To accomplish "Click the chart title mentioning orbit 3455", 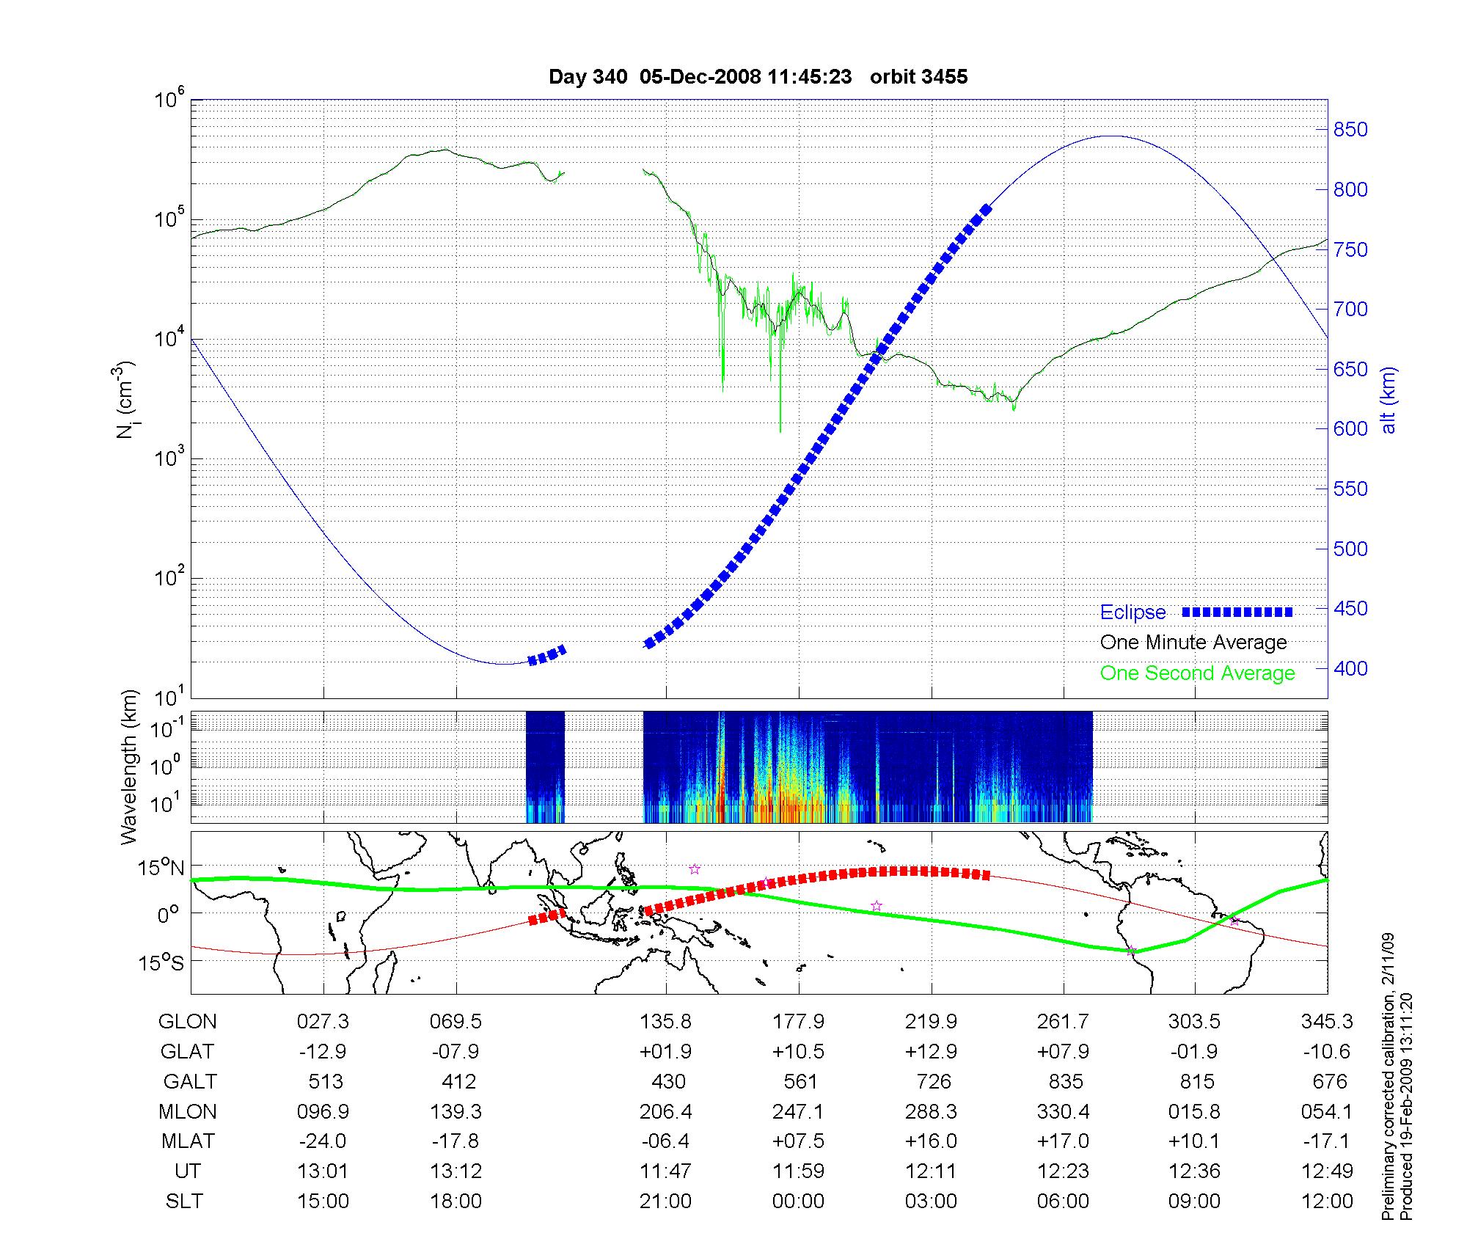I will [x=758, y=77].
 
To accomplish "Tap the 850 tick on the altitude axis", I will [x=1350, y=130].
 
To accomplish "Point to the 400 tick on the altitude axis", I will [x=1350, y=668].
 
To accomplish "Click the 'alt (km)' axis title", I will [x=1389, y=400].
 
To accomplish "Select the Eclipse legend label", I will [x=1133, y=612].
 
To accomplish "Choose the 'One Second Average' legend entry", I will [x=1197, y=673].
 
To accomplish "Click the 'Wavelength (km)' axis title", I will [x=129, y=767].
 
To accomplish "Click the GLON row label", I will [x=187, y=1021].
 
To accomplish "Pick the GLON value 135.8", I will [x=665, y=1021].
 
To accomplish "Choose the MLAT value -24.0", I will [x=323, y=1141].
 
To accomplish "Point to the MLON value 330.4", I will [x=1063, y=1111].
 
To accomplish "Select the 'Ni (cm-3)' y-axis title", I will [x=125, y=400].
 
